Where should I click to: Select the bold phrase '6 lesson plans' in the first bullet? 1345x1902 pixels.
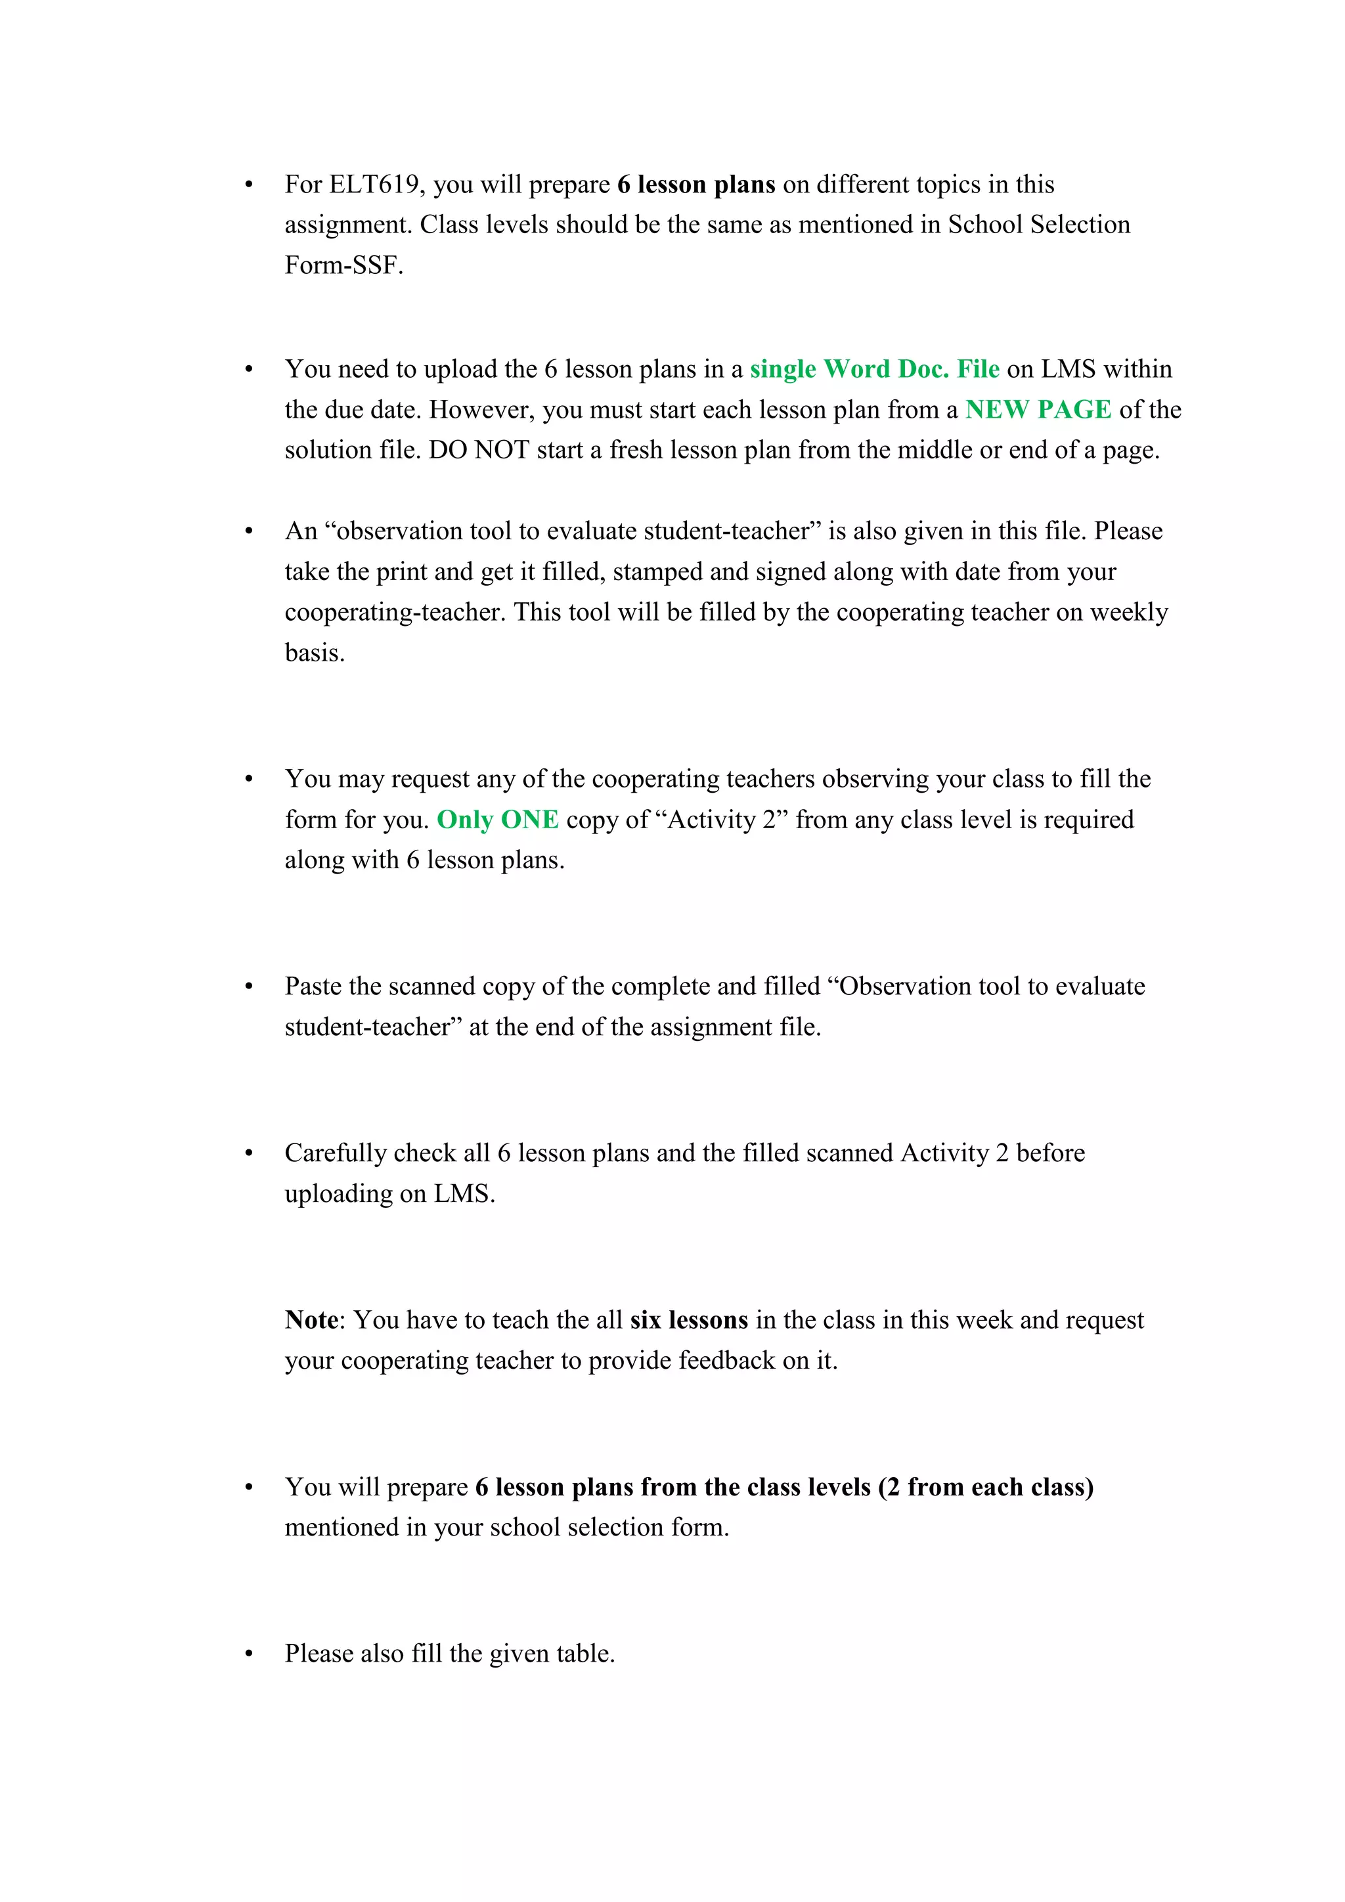point(695,185)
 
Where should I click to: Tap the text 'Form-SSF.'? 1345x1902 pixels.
point(343,265)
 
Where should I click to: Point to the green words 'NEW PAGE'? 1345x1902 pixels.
point(1038,410)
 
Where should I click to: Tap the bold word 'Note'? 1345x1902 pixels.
point(311,1319)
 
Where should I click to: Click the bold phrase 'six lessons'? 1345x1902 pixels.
point(688,1319)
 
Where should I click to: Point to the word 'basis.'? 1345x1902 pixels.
point(315,653)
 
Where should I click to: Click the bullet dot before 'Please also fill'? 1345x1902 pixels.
point(248,1654)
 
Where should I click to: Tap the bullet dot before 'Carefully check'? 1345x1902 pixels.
point(248,1154)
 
